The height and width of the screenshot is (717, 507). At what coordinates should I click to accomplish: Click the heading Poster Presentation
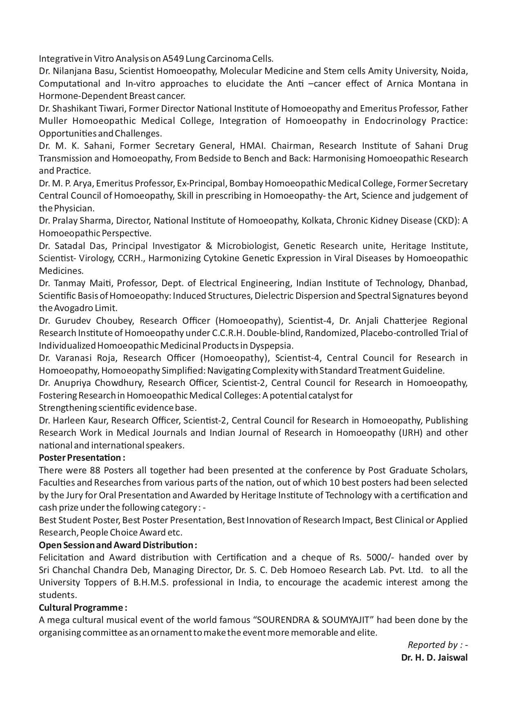tap(82, 457)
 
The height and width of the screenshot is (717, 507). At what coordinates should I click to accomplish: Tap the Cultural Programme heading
tap(83, 607)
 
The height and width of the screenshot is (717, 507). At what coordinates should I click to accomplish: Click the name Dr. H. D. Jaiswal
tap(434, 657)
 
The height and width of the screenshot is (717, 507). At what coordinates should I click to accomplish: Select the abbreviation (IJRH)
tap(411, 432)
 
